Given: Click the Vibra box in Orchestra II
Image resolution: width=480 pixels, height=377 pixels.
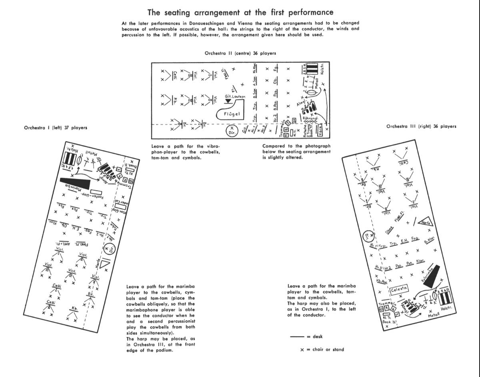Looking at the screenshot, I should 319,129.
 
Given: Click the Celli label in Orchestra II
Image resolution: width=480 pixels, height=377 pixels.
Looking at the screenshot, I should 175,76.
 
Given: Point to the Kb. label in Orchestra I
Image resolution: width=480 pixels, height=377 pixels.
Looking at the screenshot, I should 74,309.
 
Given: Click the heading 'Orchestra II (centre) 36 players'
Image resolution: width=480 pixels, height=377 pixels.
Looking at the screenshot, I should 240,53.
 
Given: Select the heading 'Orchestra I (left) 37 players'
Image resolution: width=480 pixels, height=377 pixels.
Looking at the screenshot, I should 56,127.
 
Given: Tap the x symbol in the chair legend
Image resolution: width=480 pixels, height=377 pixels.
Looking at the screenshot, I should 302,350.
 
